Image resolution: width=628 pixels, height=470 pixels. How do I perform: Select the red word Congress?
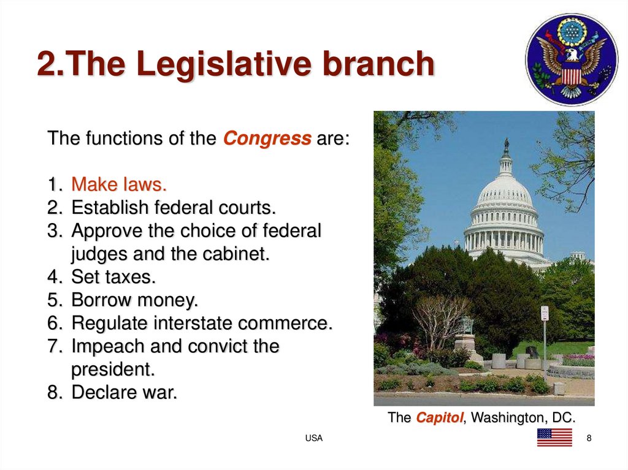point(267,138)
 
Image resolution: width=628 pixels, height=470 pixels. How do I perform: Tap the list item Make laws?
point(119,184)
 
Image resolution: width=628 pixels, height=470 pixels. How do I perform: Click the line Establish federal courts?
point(174,208)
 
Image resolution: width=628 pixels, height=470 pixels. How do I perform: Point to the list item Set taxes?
point(113,277)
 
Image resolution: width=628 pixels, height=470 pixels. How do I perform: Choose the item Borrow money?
point(135,300)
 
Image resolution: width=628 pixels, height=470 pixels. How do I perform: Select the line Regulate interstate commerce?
point(202,323)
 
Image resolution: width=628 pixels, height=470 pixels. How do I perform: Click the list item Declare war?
point(124,393)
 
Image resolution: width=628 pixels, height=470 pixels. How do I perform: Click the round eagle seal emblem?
point(572,59)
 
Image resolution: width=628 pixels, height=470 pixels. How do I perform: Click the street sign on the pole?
point(544,313)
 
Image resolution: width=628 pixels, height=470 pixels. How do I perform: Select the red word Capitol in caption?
point(438,418)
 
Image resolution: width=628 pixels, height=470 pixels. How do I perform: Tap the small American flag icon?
point(554,438)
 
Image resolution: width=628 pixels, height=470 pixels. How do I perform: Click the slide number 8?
point(589,438)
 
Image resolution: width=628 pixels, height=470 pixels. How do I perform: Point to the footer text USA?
point(314,438)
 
